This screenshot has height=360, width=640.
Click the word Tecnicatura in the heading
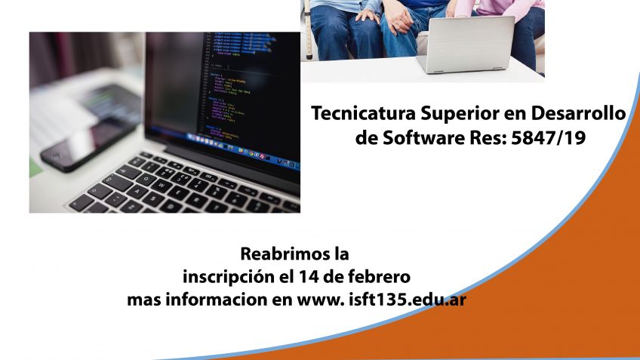coord(364,113)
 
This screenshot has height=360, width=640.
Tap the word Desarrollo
coord(578,113)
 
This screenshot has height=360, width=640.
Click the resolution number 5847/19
coord(548,138)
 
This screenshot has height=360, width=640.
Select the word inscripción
coord(229,278)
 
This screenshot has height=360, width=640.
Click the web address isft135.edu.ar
coord(408,300)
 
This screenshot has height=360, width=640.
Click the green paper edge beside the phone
coord(35,168)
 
